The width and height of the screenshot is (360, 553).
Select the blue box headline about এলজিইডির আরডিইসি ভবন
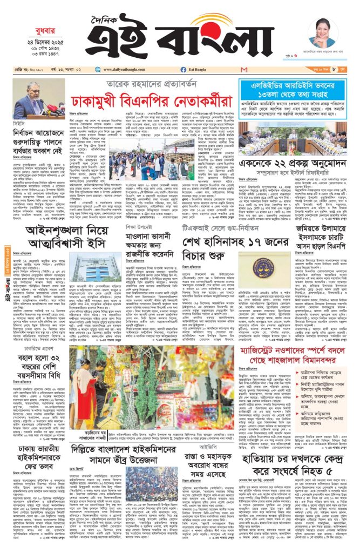point(293,89)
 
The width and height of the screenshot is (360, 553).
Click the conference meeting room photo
point(293,138)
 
